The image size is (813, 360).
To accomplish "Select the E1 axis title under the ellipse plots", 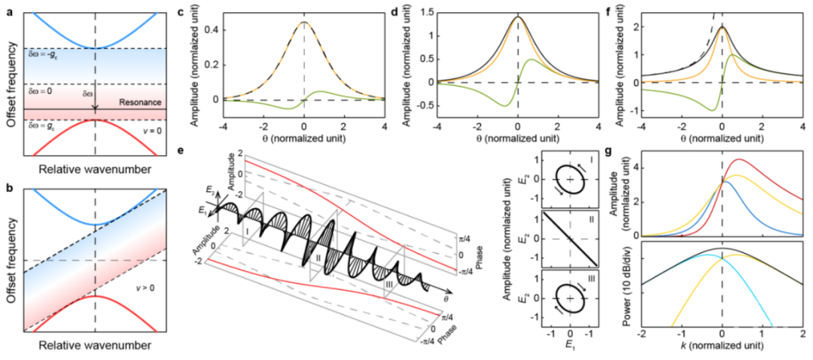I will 570,347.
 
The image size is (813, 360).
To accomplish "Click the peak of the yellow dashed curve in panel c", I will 303,23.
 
